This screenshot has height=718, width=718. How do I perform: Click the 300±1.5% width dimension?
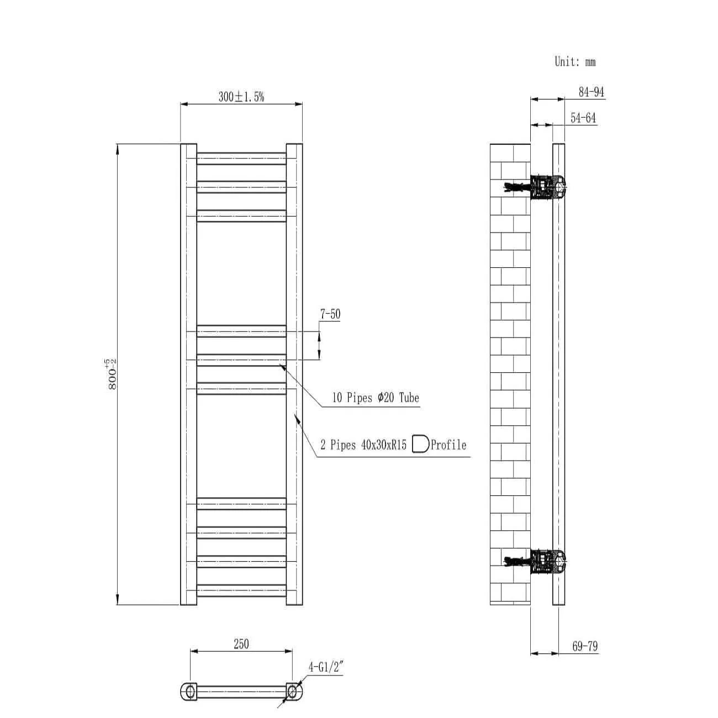pos(241,97)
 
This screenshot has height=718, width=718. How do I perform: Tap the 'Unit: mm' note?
pos(575,61)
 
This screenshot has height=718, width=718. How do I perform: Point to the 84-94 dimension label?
pos(591,92)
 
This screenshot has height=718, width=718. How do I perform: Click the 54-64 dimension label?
pos(583,118)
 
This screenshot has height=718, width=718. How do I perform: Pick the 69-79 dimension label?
pos(585,646)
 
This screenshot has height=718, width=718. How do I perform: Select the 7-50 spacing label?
pos(330,314)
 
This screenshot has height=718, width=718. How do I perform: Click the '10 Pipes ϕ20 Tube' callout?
pos(376,398)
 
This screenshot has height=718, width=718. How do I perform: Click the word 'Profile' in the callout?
pos(448,445)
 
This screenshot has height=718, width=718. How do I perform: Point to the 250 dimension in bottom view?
pos(241,644)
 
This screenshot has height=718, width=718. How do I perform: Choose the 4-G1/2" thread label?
pos(326,667)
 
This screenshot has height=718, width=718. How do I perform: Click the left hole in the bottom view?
pos(190,690)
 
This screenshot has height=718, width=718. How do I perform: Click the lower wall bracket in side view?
pos(547,561)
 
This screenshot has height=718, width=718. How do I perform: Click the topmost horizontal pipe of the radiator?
pos(241,159)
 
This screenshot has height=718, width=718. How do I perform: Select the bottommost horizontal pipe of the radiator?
pos(241,590)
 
